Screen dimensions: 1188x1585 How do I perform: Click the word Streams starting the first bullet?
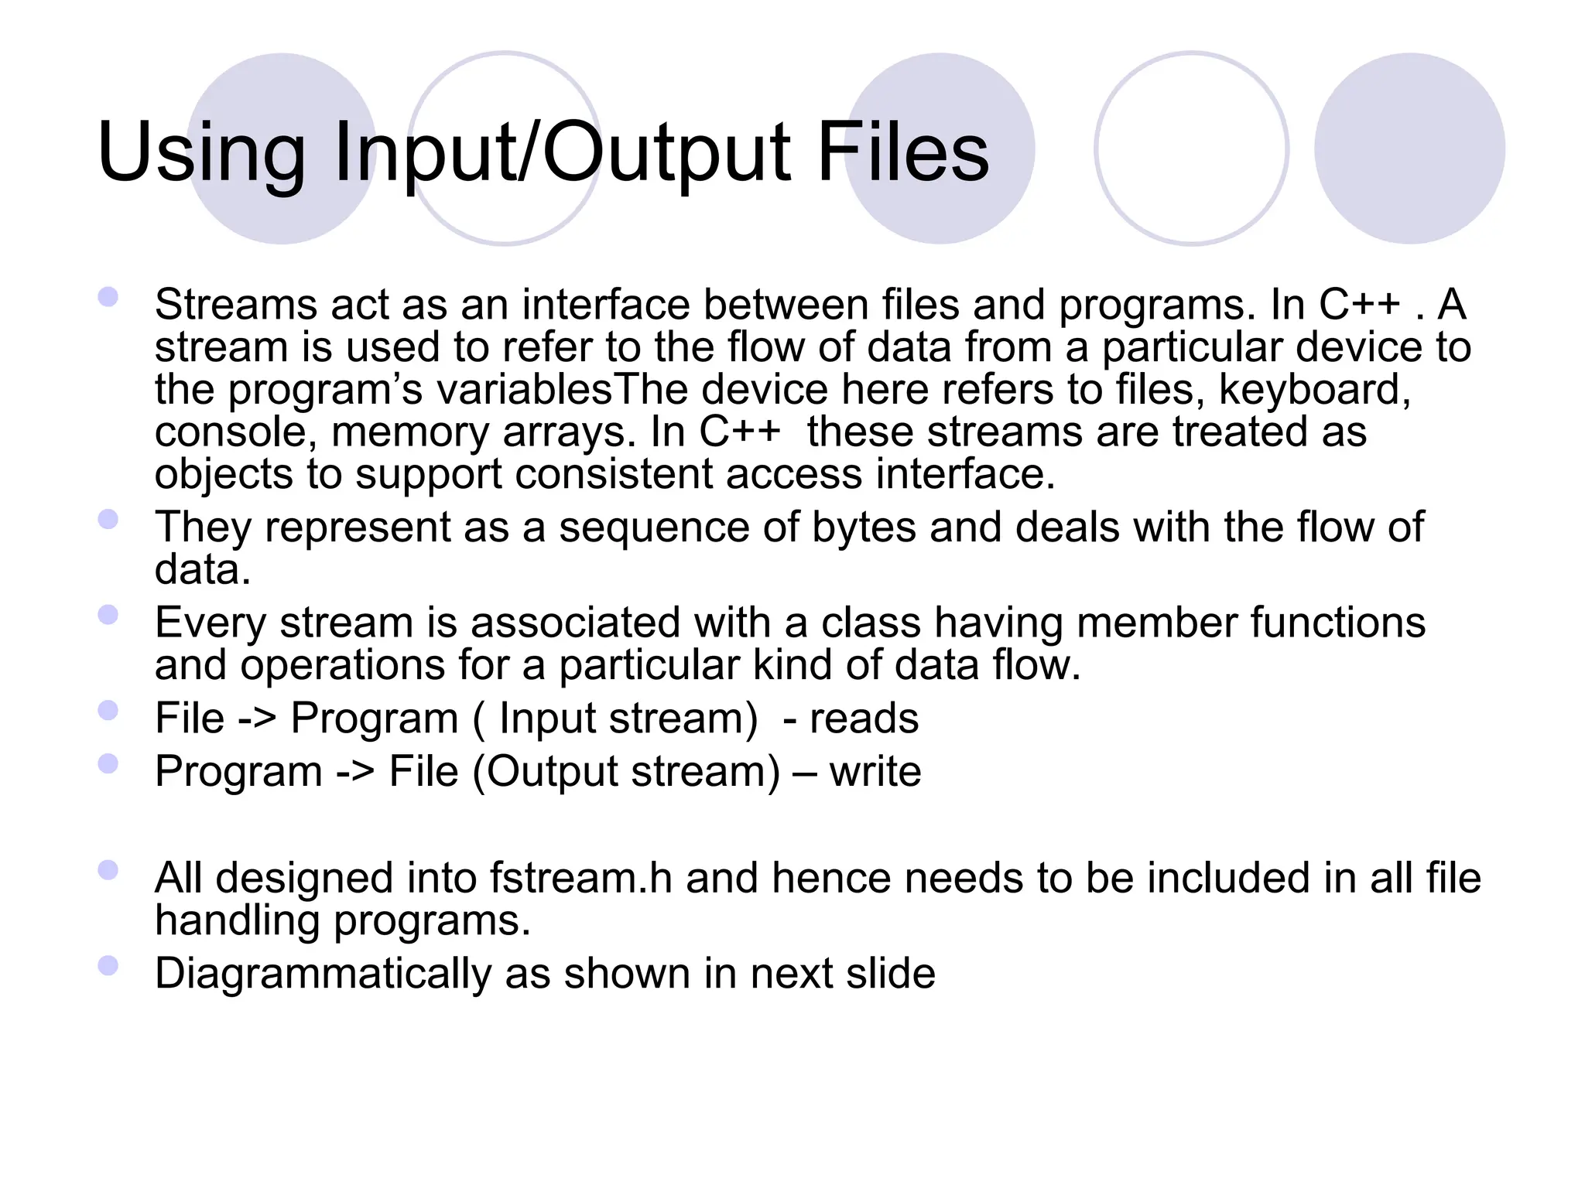tap(235, 305)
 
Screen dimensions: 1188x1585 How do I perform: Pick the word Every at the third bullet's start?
tap(210, 623)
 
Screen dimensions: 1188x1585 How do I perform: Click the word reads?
tap(864, 719)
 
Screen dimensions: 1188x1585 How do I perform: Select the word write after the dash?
tap(875, 772)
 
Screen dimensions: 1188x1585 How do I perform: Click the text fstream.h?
tap(580, 879)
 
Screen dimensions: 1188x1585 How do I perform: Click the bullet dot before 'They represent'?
tap(108, 519)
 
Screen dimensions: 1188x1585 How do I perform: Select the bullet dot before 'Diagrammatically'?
tap(108, 965)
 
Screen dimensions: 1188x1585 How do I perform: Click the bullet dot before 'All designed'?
tap(108, 870)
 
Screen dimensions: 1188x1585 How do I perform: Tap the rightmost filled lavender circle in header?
tap(1409, 148)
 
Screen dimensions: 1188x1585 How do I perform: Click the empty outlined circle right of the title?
tap(1191, 148)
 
